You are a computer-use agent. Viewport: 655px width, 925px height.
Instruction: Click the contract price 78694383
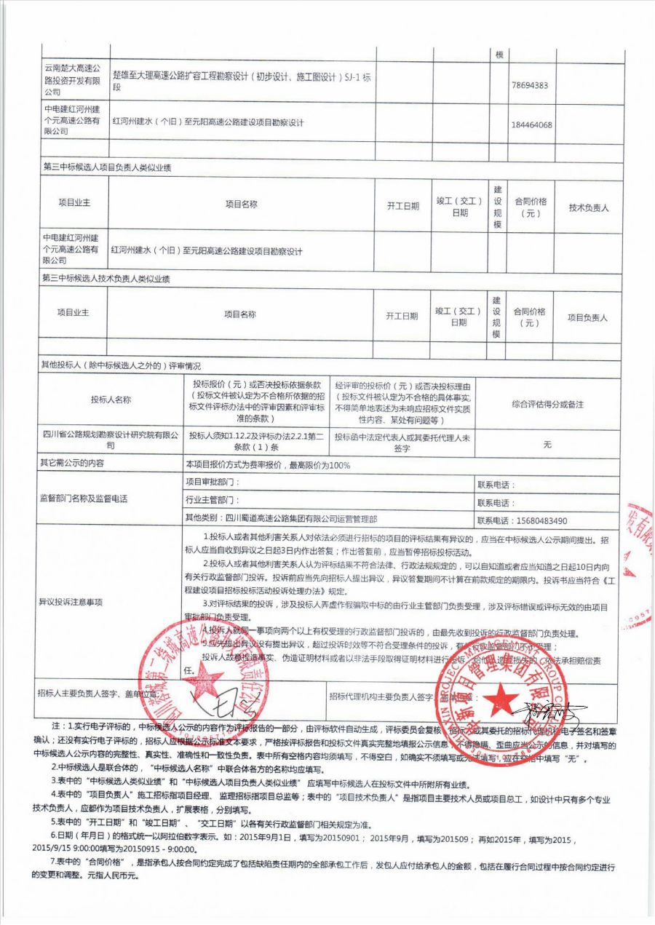[x=531, y=85]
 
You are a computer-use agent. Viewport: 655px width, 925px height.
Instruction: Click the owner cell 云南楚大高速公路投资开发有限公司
[x=73, y=79]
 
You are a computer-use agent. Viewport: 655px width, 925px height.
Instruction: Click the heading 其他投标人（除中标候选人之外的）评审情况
[x=120, y=366]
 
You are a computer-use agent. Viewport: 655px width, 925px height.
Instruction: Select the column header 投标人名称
[x=111, y=400]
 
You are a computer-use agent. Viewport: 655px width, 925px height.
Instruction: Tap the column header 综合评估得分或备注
[x=547, y=403]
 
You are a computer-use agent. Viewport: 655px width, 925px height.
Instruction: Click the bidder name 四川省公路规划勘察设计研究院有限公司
[x=111, y=440]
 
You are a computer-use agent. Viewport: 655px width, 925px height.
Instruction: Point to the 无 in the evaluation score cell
[x=547, y=444]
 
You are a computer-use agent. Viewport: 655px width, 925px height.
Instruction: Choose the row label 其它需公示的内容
[x=71, y=463]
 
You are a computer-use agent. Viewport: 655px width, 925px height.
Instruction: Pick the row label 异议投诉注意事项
[x=71, y=603]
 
